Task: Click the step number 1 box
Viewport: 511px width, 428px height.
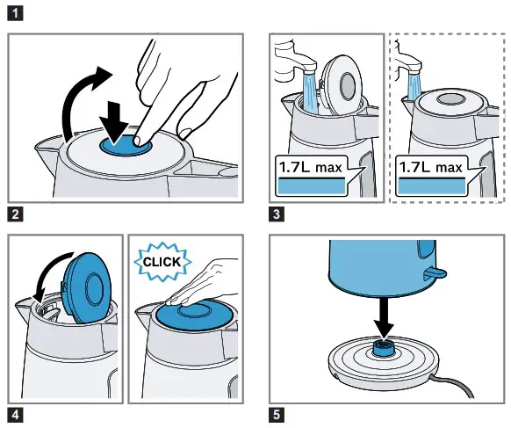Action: click(14, 14)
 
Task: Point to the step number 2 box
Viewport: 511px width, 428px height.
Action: click(14, 214)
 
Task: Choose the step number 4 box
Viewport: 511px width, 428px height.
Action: click(14, 414)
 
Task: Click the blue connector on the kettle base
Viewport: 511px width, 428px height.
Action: click(385, 349)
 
